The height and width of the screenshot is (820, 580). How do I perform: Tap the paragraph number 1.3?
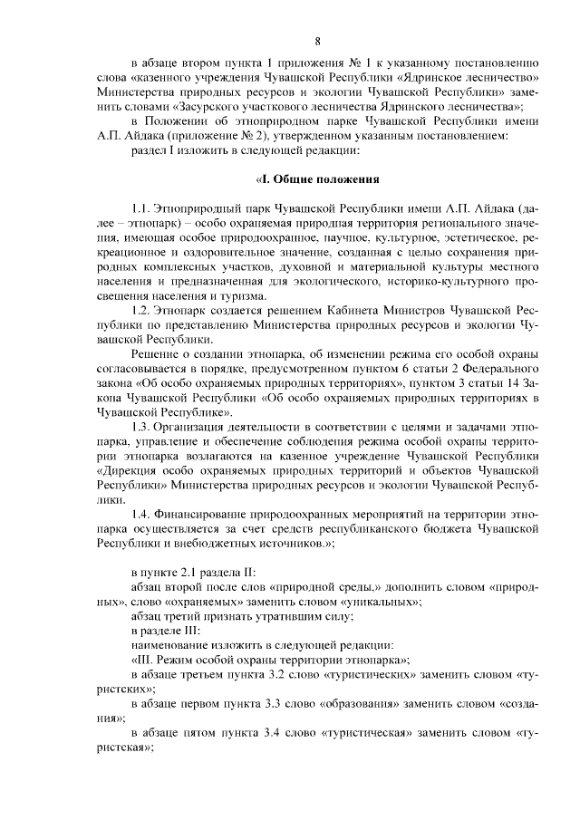[141, 426]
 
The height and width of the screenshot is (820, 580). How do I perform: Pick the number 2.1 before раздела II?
[190, 572]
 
